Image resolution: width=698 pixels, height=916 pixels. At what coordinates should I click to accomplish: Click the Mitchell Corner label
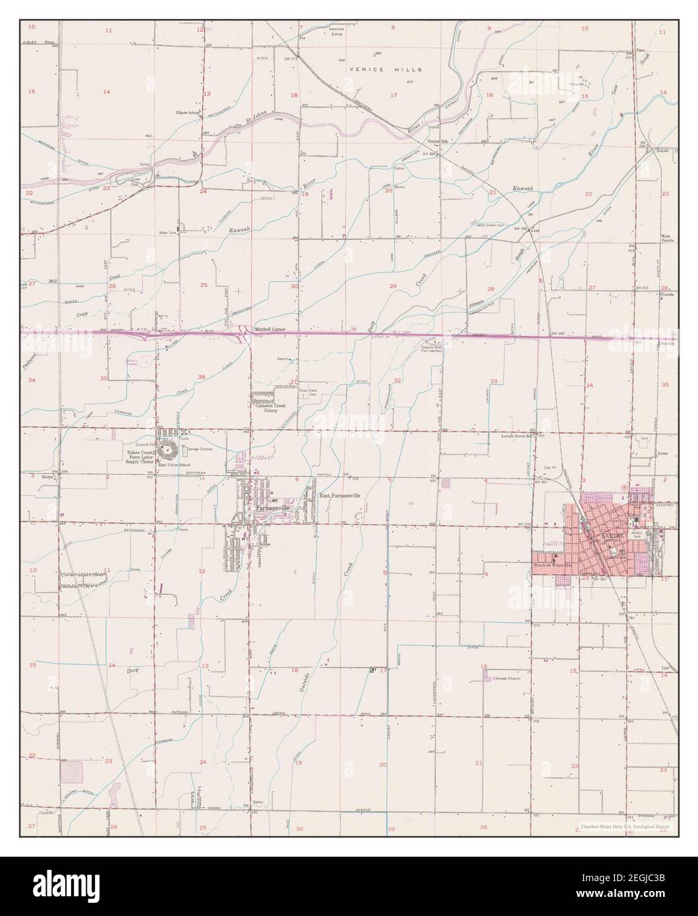(264, 327)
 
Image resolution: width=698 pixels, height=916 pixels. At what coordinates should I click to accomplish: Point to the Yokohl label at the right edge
(662, 152)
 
